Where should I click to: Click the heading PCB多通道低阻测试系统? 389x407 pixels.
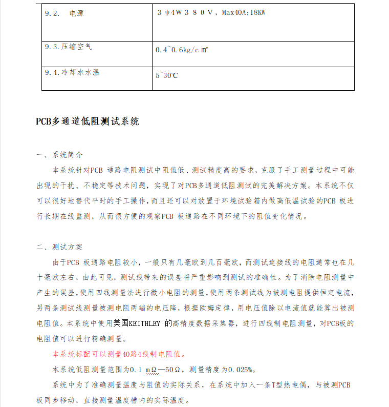coord(87,121)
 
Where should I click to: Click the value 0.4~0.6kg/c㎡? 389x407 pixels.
coord(181,50)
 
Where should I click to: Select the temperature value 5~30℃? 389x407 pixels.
coord(166,75)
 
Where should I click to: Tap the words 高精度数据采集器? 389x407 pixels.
coord(205,323)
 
